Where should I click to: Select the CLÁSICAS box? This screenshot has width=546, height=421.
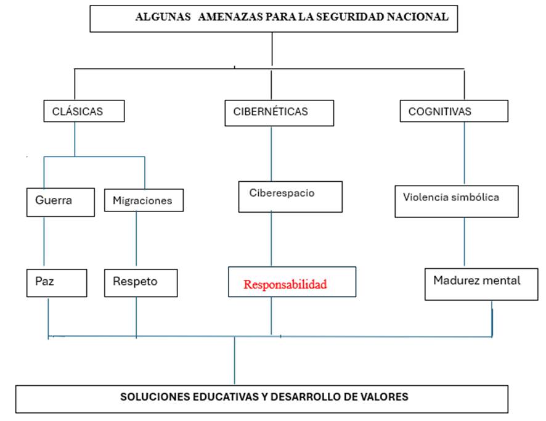point(84,111)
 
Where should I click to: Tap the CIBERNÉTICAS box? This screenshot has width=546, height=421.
point(279,113)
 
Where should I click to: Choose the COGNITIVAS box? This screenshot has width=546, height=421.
point(454,111)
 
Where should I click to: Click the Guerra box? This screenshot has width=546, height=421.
point(60,202)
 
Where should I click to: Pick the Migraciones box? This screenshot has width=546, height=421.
point(144,200)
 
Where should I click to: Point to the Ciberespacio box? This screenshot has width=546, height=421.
point(290,197)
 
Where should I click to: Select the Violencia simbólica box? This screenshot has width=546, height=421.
point(457,202)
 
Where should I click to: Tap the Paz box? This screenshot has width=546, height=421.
point(57,283)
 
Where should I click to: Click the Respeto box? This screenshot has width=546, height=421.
point(141,283)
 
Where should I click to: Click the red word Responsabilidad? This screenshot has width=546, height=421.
point(285,285)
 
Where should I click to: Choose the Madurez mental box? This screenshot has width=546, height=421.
point(481,284)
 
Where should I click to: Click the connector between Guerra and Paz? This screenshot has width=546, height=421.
point(44,241)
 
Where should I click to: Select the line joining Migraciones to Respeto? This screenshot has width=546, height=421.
point(136,239)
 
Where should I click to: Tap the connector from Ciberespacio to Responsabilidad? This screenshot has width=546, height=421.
point(271,239)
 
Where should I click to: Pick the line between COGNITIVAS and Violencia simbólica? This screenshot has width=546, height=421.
point(464,153)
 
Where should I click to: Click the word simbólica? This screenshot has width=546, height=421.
point(475,197)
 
